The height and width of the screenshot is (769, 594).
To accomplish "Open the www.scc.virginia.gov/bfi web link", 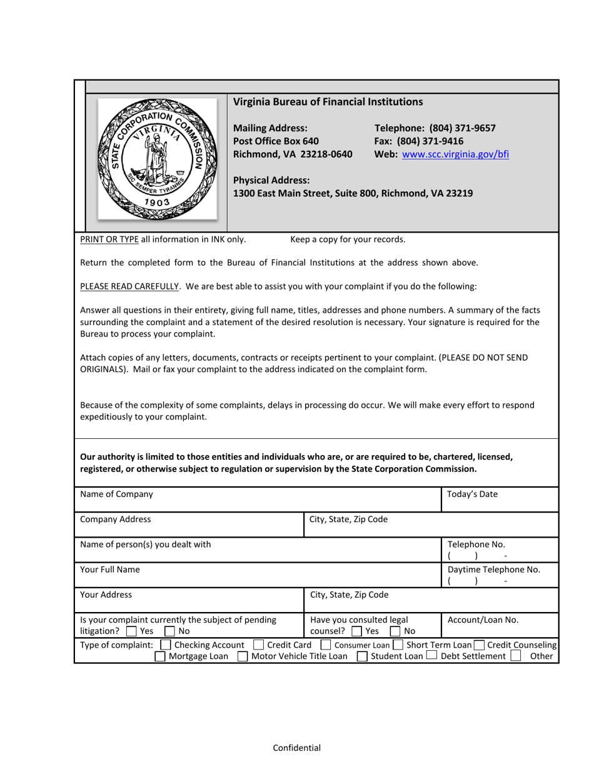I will [455, 154].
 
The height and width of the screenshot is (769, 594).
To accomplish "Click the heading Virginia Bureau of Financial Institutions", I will [328, 102].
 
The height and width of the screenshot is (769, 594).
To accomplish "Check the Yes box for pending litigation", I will [131, 631].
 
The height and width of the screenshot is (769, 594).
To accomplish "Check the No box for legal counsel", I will [396, 631].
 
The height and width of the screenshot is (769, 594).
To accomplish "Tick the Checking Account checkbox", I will [165, 645].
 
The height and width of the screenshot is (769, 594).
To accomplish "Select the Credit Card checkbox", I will [258, 645].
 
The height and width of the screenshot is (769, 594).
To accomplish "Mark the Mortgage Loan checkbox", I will [160, 656].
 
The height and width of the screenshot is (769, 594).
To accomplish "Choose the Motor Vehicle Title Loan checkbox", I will [243, 656].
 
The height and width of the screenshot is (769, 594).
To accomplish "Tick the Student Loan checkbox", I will [362, 656].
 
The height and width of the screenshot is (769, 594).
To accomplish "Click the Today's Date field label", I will [473, 494].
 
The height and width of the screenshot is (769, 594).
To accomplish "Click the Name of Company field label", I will [116, 494].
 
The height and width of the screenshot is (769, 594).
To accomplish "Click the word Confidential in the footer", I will [297, 748].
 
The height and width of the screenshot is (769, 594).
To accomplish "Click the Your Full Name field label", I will [110, 570].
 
